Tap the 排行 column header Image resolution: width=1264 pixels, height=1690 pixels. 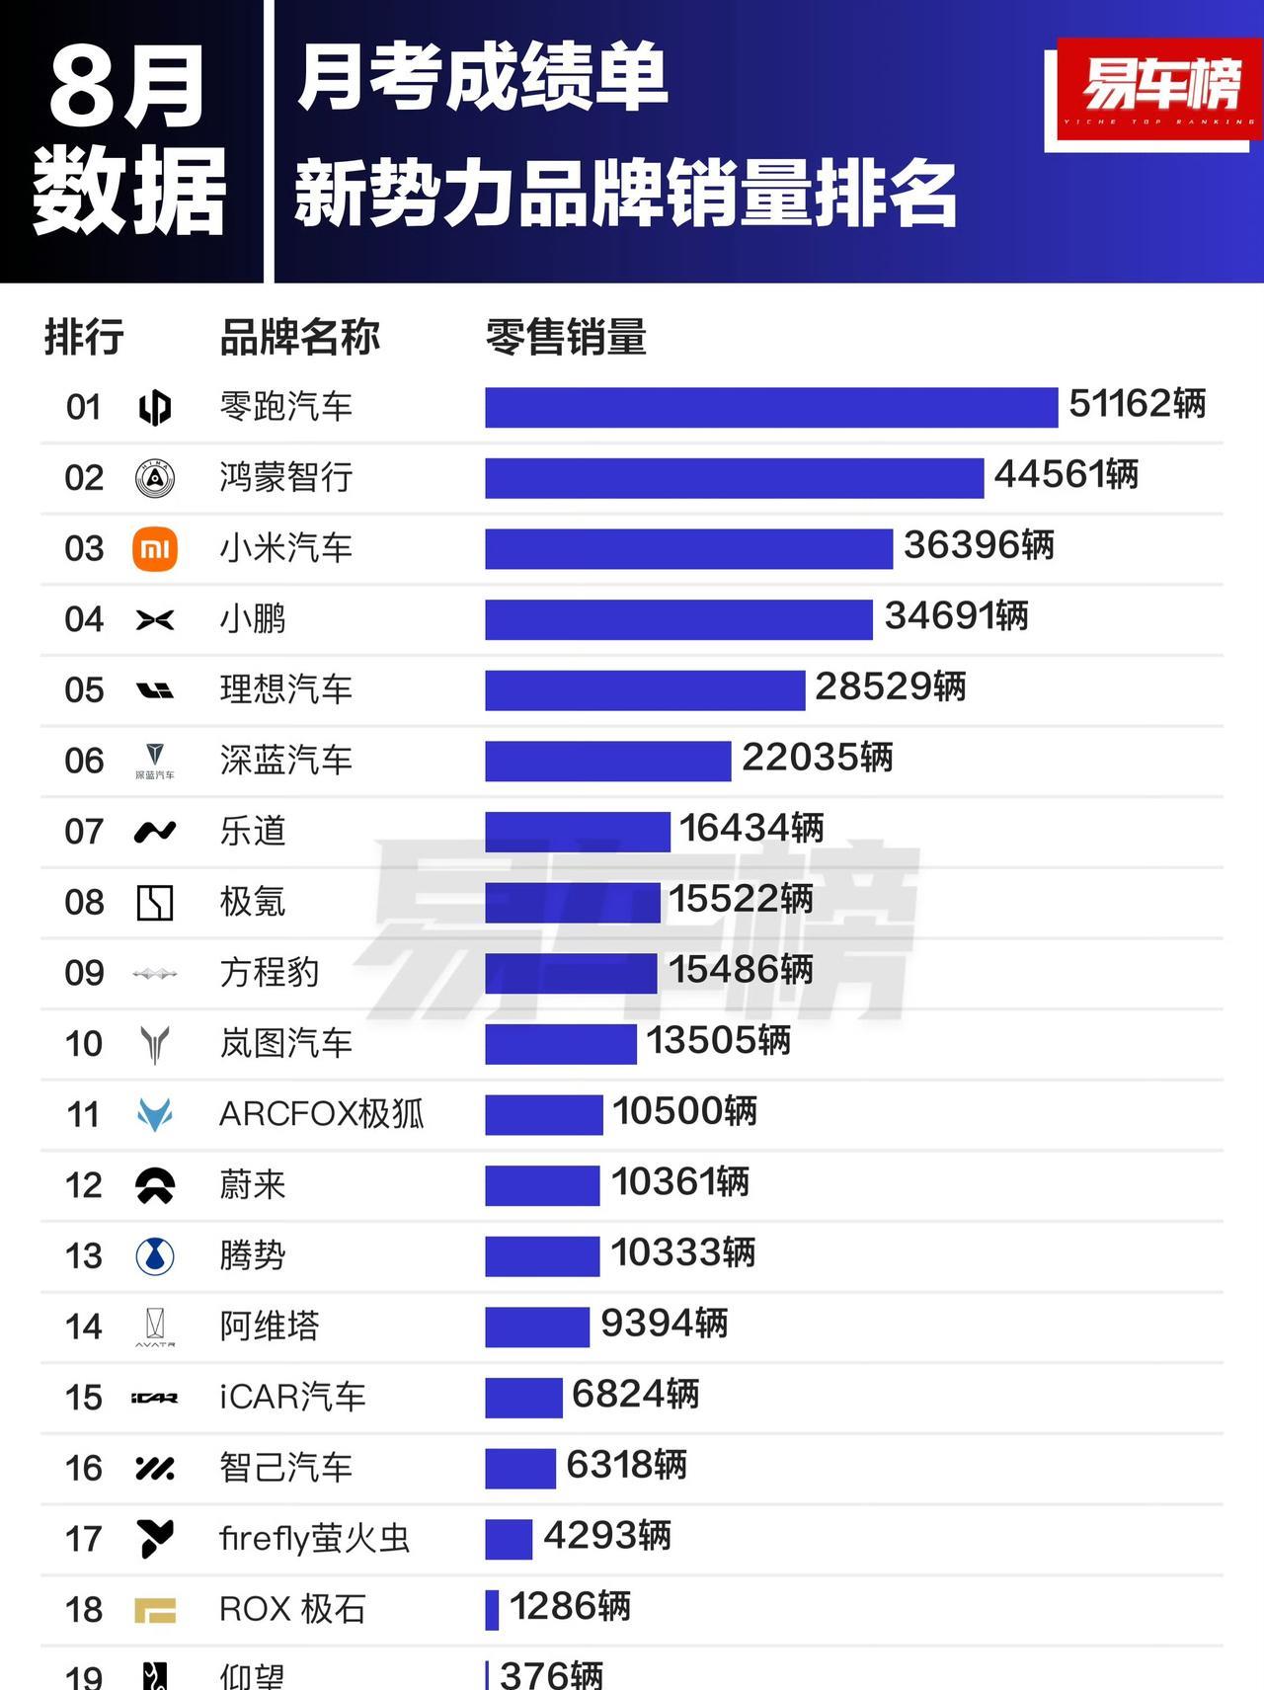(x=84, y=337)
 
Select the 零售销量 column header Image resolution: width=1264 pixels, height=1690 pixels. (x=566, y=337)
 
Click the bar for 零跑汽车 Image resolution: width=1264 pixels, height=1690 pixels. (x=770, y=408)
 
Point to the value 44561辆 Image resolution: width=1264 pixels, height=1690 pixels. (x=1066, y=475)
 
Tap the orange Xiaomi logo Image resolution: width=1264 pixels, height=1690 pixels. (x=155, y=549)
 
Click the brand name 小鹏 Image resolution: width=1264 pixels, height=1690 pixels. (x=253, y=619)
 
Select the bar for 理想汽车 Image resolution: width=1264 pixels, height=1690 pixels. (x=645, y=690)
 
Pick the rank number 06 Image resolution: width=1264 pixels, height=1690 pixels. (x=84, y=761)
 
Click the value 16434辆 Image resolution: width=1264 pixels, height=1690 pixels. (x=750, y=829)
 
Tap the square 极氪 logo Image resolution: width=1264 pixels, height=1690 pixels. (x=155, y=903)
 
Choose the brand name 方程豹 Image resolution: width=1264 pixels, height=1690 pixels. (x=269, y=973)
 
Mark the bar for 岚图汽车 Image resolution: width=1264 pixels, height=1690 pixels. (x=560, y=1044)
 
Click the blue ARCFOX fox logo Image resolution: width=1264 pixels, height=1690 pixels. (x=155, y=1115)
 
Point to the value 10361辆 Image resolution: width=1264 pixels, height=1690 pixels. (x=679, y=1182)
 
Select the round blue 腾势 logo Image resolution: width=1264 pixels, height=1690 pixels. (x=155, y=1256)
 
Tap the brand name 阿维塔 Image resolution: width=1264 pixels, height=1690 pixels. (x=269, y=1327)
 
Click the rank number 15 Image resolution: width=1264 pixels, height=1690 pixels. (x=84, y=1398)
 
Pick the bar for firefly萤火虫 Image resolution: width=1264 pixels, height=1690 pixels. (x=509, y=1539)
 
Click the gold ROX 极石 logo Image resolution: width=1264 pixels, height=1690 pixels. (x=155, y=1611)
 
